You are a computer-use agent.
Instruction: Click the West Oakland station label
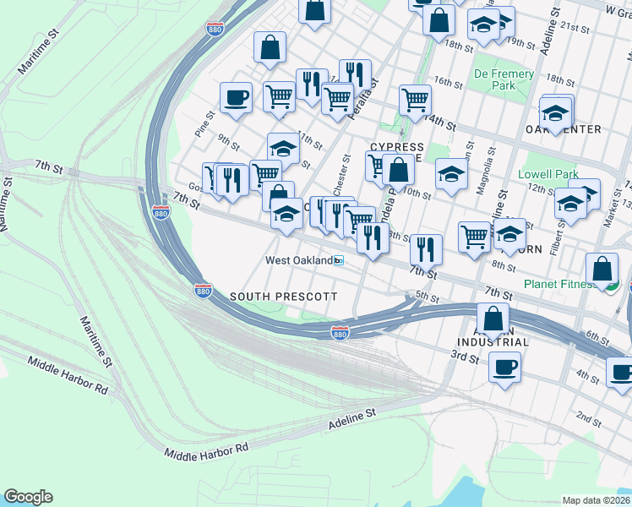pos(298,260)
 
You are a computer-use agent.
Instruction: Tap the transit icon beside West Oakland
pos(339,260)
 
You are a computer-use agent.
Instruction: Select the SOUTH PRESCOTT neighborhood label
pos(284,297)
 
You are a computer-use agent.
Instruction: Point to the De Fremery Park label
pos(504,79)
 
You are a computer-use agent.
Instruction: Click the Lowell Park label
pos(548,175)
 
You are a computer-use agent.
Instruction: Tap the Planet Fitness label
pos(558,284)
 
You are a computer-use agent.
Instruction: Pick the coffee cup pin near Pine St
pos(236,97)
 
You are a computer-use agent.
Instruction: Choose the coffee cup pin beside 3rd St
pos(504,367)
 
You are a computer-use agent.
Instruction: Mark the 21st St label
pos(578,27)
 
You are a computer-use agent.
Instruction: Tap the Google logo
pos(28,497)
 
